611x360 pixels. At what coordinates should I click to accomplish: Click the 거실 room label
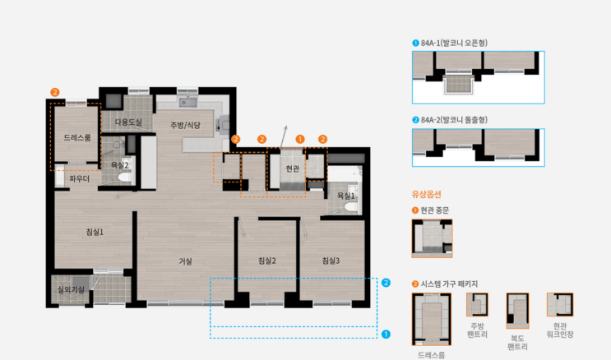point(186,261)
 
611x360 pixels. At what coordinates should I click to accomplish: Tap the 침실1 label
point(95,233)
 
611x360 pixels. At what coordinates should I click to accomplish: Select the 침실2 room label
point(267,261)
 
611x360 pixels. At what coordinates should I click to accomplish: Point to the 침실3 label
point(331,261)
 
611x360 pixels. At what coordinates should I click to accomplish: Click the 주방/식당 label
point(186,126)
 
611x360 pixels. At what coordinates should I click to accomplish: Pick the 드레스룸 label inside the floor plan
point(77,137)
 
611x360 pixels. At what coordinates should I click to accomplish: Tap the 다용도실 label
point(128,122)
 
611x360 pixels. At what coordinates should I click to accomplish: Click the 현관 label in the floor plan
point(292,168)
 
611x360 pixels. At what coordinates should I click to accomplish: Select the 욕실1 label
point(346,196)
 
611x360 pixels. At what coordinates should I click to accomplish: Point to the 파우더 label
point(80,179)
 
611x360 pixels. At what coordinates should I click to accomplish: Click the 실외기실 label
point(71,289)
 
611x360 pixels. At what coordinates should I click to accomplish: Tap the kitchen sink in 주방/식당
point(187,103)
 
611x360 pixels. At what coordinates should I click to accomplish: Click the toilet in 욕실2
point(125,178)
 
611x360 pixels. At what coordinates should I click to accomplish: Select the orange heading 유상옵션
point(426,194)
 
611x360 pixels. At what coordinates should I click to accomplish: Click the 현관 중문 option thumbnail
point(433,238)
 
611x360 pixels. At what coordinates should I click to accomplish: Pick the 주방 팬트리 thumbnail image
point(477,305)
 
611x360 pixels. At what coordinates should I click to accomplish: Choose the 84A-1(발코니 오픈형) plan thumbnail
point(479,77)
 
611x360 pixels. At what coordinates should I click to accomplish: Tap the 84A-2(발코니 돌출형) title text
point(454,120)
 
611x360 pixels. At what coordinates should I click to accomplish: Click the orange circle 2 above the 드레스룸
point(55,92)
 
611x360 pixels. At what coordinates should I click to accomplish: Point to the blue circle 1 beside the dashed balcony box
point(386,335)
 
